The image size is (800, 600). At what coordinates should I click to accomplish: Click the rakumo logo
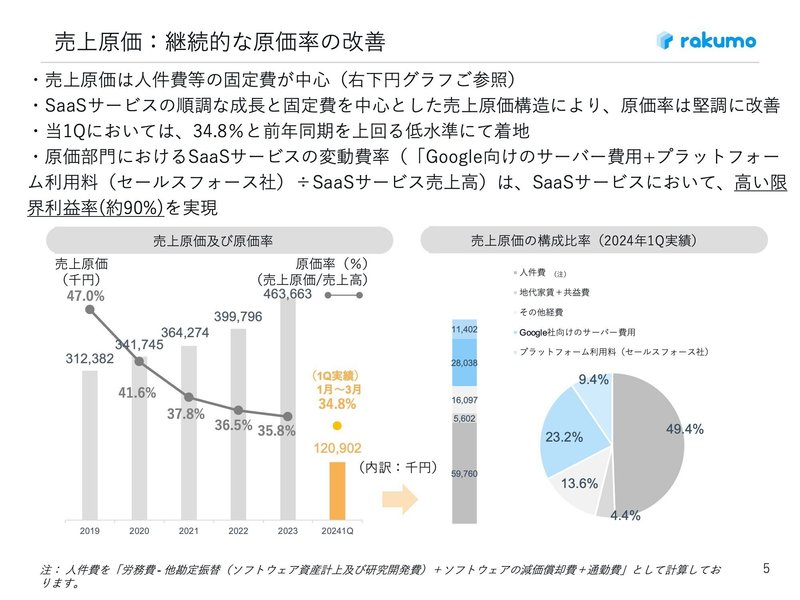click(x=706, y=41)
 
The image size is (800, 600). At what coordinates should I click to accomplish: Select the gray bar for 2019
click(x=89, y=445)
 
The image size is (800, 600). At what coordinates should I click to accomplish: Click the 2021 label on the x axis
click(x=188, y=532)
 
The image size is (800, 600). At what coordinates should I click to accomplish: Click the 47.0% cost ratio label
click(x=86, y=296)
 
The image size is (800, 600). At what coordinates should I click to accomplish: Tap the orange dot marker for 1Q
click(x=337, y=424)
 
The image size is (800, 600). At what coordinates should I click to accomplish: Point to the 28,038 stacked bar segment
click(x=464, y=362)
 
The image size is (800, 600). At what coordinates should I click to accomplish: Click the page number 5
click(x=766, y=569)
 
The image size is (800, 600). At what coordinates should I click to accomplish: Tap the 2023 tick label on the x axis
click(x=287, y=532)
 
